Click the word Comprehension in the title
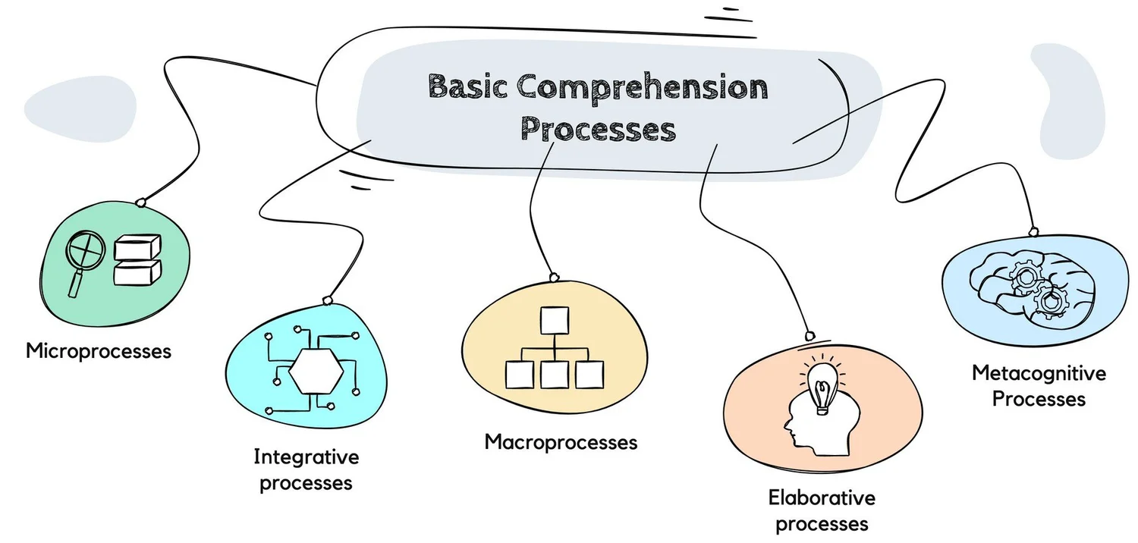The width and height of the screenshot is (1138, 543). point(642,88)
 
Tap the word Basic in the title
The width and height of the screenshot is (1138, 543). point(467,88)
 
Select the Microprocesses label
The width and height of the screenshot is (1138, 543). point(99,351)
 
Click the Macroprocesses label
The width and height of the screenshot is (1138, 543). point(561,441)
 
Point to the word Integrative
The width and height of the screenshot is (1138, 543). point(306,457)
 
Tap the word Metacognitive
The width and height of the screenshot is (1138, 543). point(1039,373)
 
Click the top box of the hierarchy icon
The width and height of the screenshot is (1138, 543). point(554,320)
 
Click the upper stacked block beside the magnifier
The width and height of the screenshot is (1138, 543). point(138,248)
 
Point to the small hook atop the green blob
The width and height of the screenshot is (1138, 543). point(140,202)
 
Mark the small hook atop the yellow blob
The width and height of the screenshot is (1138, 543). point(554,276)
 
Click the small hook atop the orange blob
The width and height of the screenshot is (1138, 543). point(809,335)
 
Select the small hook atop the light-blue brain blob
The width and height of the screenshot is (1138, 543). point(1033,231)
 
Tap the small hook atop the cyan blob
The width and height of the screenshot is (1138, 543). point(328,300)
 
